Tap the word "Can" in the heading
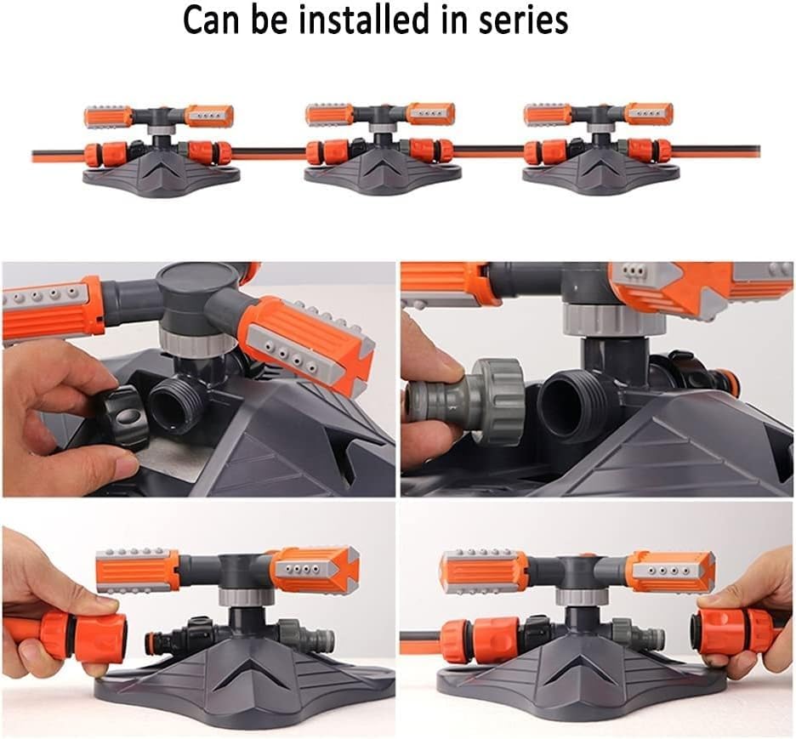210,20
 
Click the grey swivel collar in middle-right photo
615,319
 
